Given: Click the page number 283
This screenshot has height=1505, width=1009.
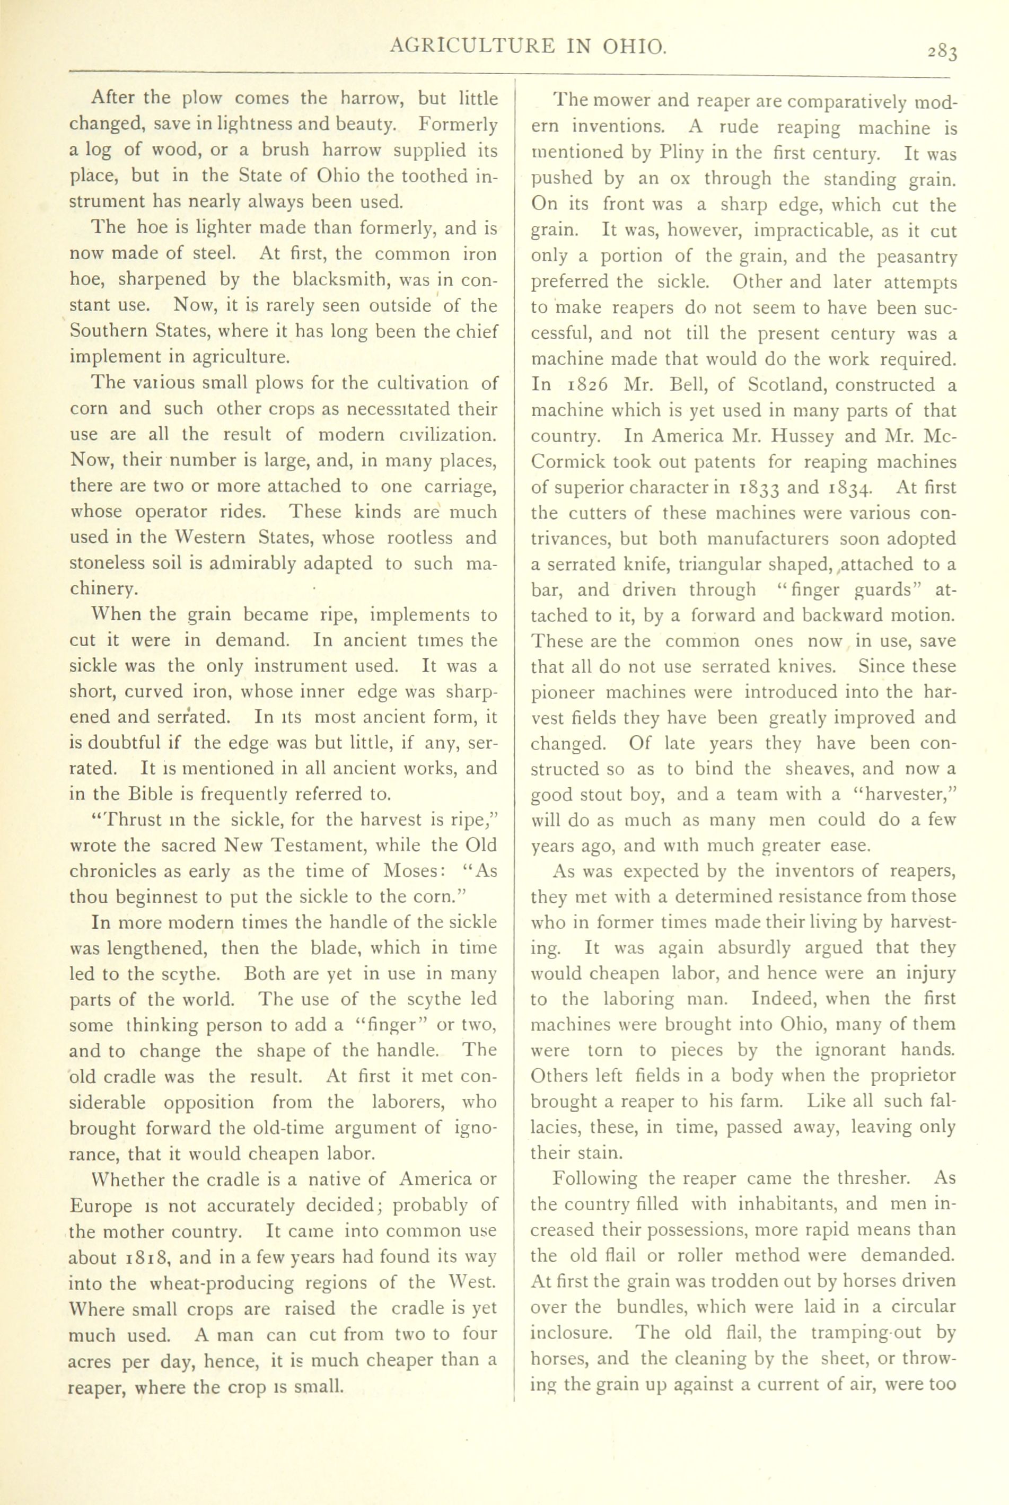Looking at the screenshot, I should (x=943, y=51).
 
